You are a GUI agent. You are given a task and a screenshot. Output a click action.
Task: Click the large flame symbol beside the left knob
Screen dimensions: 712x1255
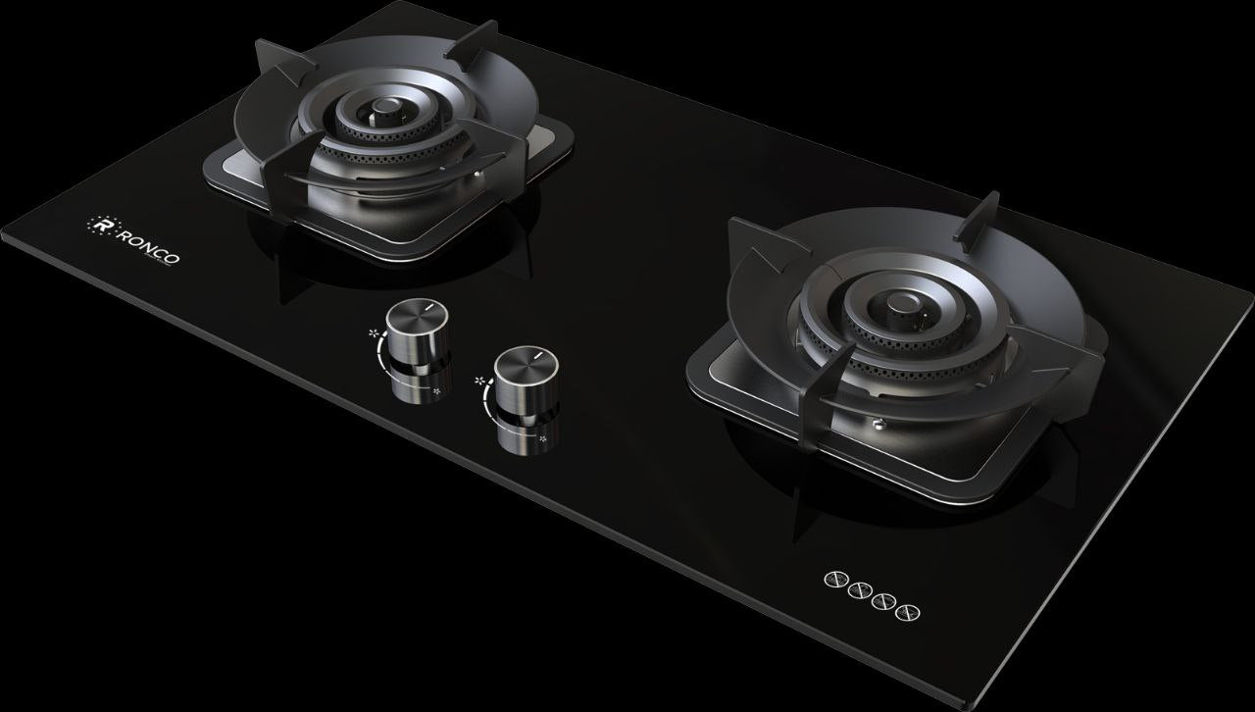point(375,333)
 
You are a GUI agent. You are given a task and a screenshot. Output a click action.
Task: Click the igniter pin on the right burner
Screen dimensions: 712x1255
point(878,423)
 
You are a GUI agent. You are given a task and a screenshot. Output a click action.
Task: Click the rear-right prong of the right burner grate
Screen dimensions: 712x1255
point(980,216)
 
